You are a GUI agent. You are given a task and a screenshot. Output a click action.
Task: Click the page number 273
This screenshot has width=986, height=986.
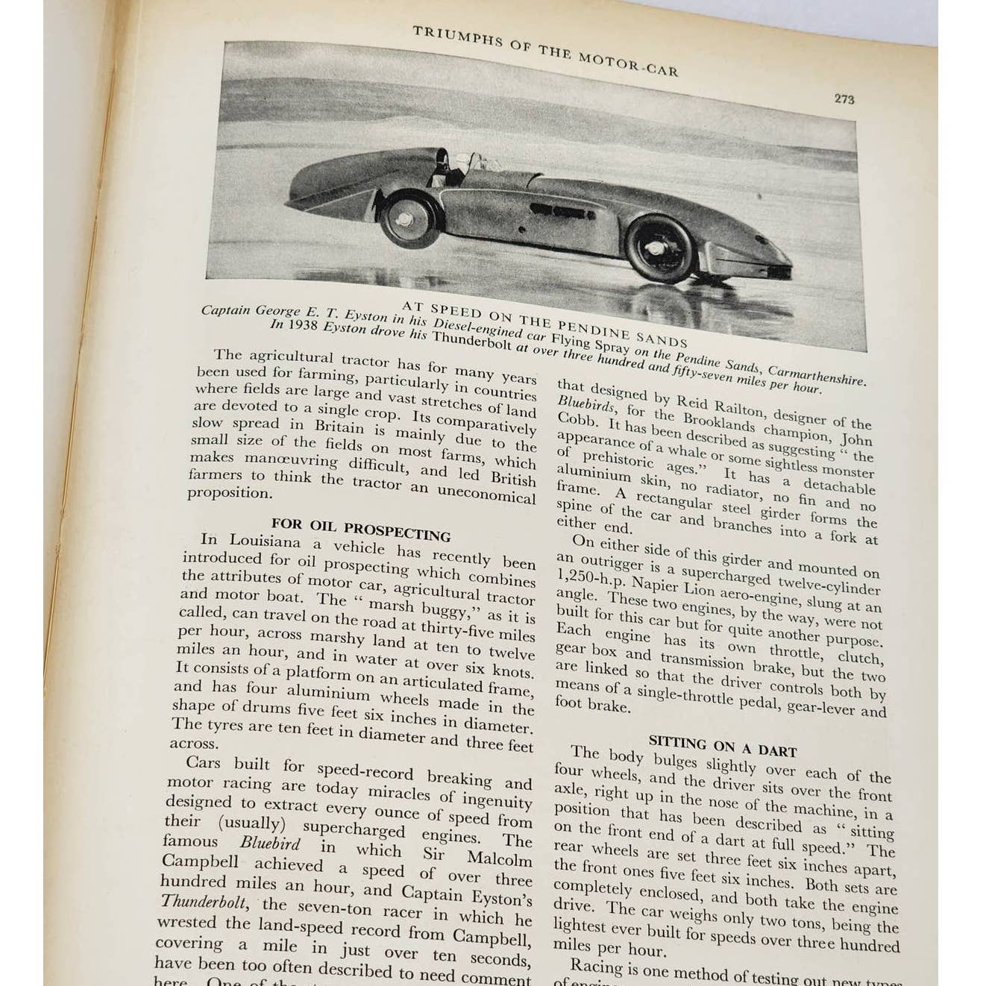[844, 98]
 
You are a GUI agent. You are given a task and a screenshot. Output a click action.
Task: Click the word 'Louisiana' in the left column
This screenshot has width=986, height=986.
[264, 541]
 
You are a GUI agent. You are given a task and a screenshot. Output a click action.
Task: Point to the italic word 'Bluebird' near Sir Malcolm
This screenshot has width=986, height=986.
[269, 844]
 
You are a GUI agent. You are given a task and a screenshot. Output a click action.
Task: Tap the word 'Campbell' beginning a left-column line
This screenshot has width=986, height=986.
[200, 862]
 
